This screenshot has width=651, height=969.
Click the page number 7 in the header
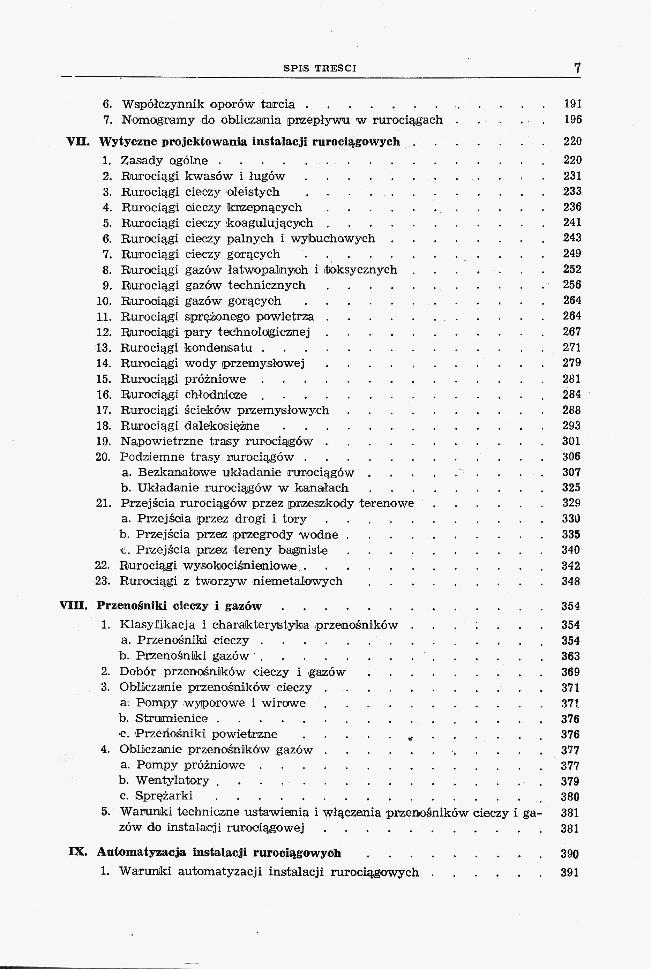tap(577, 68)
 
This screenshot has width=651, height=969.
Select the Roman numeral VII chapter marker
tap(78, 142)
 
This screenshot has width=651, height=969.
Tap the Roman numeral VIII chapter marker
tap(74, 606)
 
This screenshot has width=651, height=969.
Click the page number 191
tap(573, 104)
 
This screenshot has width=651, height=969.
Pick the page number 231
tap(572, 176)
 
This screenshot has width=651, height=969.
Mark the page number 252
tap(572, 269)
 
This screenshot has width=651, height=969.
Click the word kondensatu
tap(218, 347)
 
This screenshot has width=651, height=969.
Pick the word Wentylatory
tap(172, 781)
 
